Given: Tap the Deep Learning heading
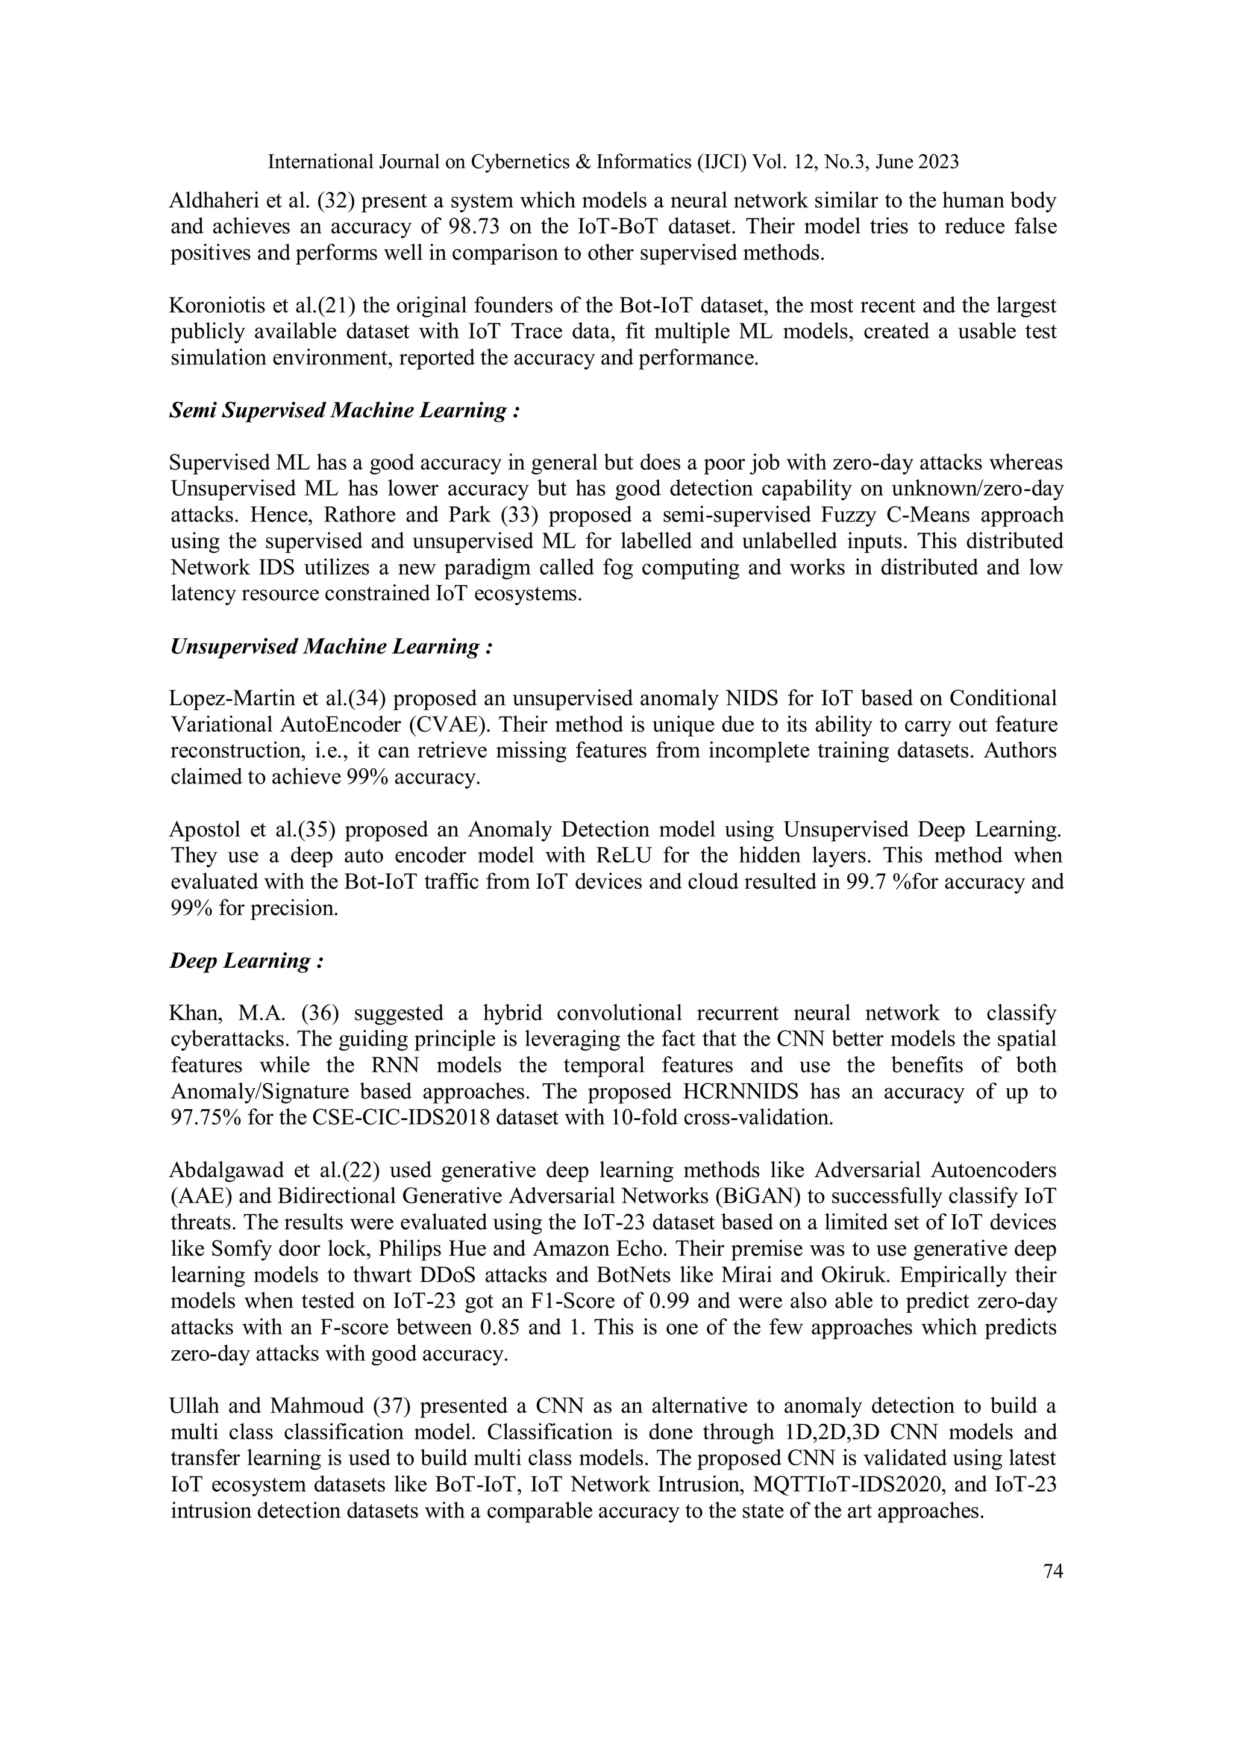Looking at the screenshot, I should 246,961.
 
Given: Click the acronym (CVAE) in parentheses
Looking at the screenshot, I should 448,724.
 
